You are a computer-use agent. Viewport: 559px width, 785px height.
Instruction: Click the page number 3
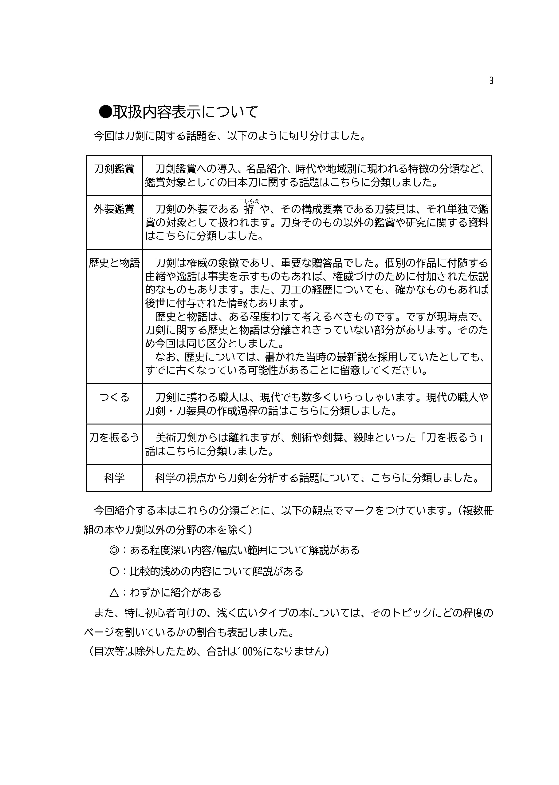(491, 81)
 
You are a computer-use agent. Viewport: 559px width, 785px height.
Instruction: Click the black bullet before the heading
(105, 112)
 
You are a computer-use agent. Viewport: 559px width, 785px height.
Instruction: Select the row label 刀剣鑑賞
(114, 169)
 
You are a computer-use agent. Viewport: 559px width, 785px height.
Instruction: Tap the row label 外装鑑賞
(114, 209)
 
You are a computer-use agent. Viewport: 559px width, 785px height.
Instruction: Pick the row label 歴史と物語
(114, 263)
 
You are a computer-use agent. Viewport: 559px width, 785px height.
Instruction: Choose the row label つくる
(114, 397)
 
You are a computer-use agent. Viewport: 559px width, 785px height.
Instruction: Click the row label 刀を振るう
(114, 437)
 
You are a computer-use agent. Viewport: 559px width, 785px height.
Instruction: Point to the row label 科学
(114, 478)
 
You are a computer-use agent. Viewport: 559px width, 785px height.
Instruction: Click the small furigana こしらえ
(249, 201)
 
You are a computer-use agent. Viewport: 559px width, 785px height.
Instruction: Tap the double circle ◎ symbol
(114, 550)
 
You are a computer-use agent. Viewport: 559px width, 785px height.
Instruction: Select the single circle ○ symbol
(114, 572)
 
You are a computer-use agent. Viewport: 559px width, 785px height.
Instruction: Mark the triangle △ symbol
(114, 593)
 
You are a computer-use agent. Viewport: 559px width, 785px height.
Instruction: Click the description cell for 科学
(317, 478)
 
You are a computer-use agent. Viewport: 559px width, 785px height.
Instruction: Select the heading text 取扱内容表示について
(186, 112)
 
